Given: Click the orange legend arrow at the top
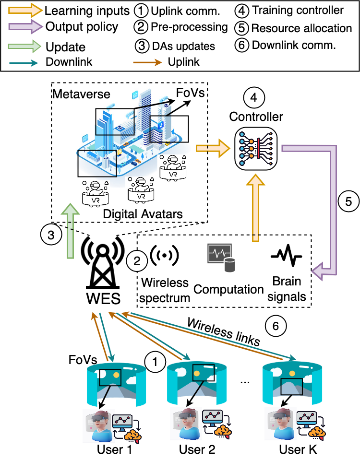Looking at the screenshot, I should point(25,10).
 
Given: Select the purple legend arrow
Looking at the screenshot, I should point(25,27).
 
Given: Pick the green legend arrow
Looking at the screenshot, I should point(24,46).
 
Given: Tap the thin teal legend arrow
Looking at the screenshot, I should point(24,63).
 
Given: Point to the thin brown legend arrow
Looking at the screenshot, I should point(147,62).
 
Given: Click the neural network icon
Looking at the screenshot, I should point(256,149).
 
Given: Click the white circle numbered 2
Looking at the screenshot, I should point(137,261).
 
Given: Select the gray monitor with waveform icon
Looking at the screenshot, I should point(219,253).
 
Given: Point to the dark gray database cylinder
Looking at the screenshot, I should point(230,265).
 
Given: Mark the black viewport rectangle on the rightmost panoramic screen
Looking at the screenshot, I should point(292,387).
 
